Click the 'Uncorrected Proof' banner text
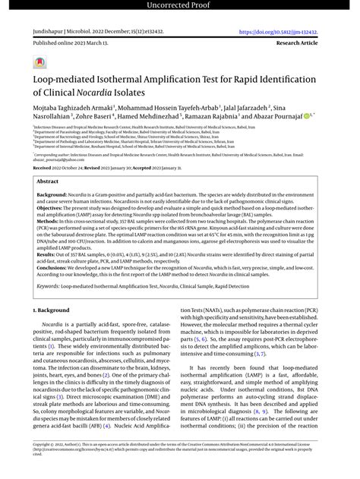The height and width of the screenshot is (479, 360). tap(180, 7)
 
